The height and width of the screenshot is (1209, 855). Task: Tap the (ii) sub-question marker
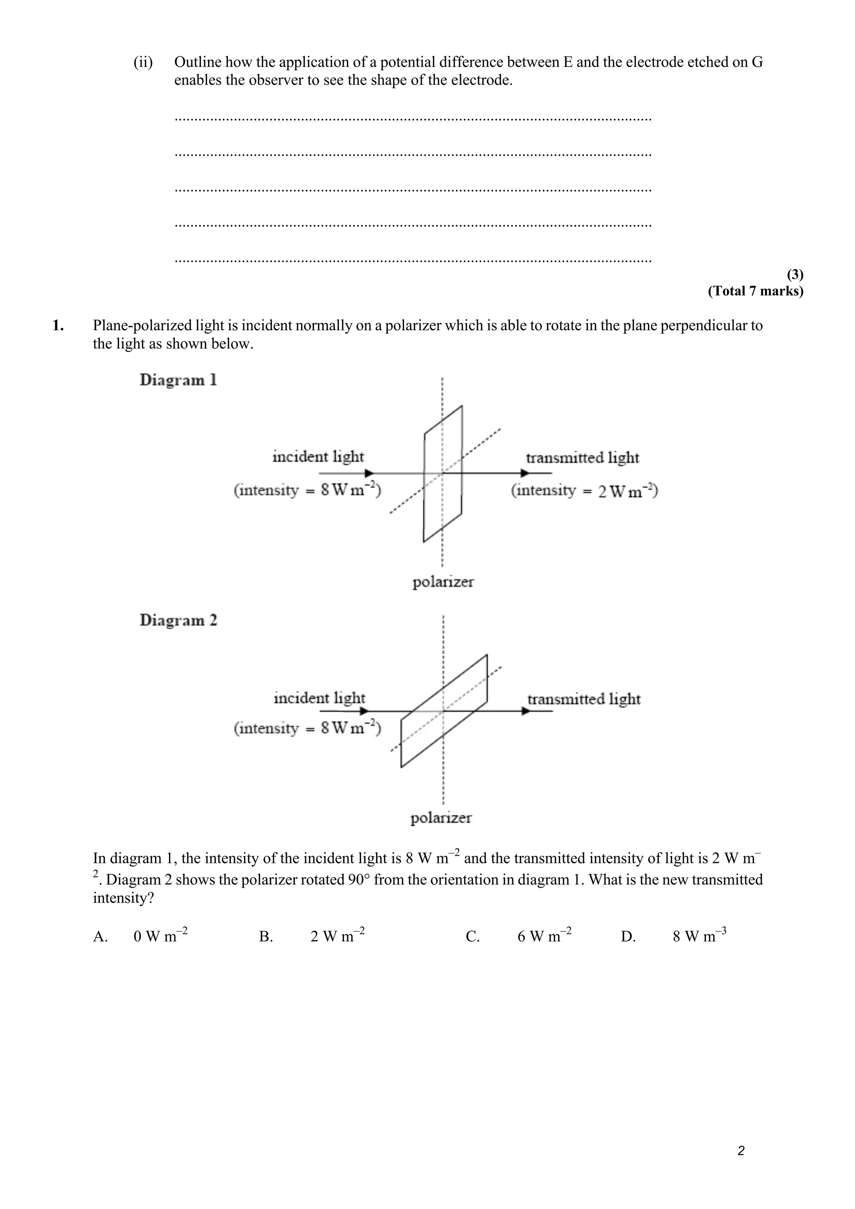pyautogui.click(x=143, y=62)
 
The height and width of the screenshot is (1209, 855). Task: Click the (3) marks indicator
pyautogui.click(x=795, y=274)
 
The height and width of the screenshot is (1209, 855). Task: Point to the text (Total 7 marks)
pyautogui.click(x=756, y=291)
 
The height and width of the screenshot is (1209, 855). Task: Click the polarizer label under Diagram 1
pyautogui.click(x=443, y=582)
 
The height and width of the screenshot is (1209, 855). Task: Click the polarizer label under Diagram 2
pyautogui.click(x=441, y=818)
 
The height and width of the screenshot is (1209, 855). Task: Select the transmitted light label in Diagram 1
pyautogui.click(x=582, y=458)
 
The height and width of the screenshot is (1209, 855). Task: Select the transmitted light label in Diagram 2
pyautogui.click(x=584, y=699)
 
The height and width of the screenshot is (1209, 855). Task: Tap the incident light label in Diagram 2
pyautogui.click(x=319, y=698)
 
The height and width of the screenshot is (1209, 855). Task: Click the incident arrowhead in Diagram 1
pyautogui.click(x=369, y=473)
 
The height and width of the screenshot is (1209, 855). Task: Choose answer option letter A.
pyautogui.click(x=100, y=937)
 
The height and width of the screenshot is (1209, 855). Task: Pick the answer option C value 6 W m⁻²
pyautogui.click(x=544, y=936)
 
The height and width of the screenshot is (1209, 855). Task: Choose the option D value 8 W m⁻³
pyautogui.click(x=699, y=936)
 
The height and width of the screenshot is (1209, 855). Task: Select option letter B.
pyautogui.click(x=266, y=937)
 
